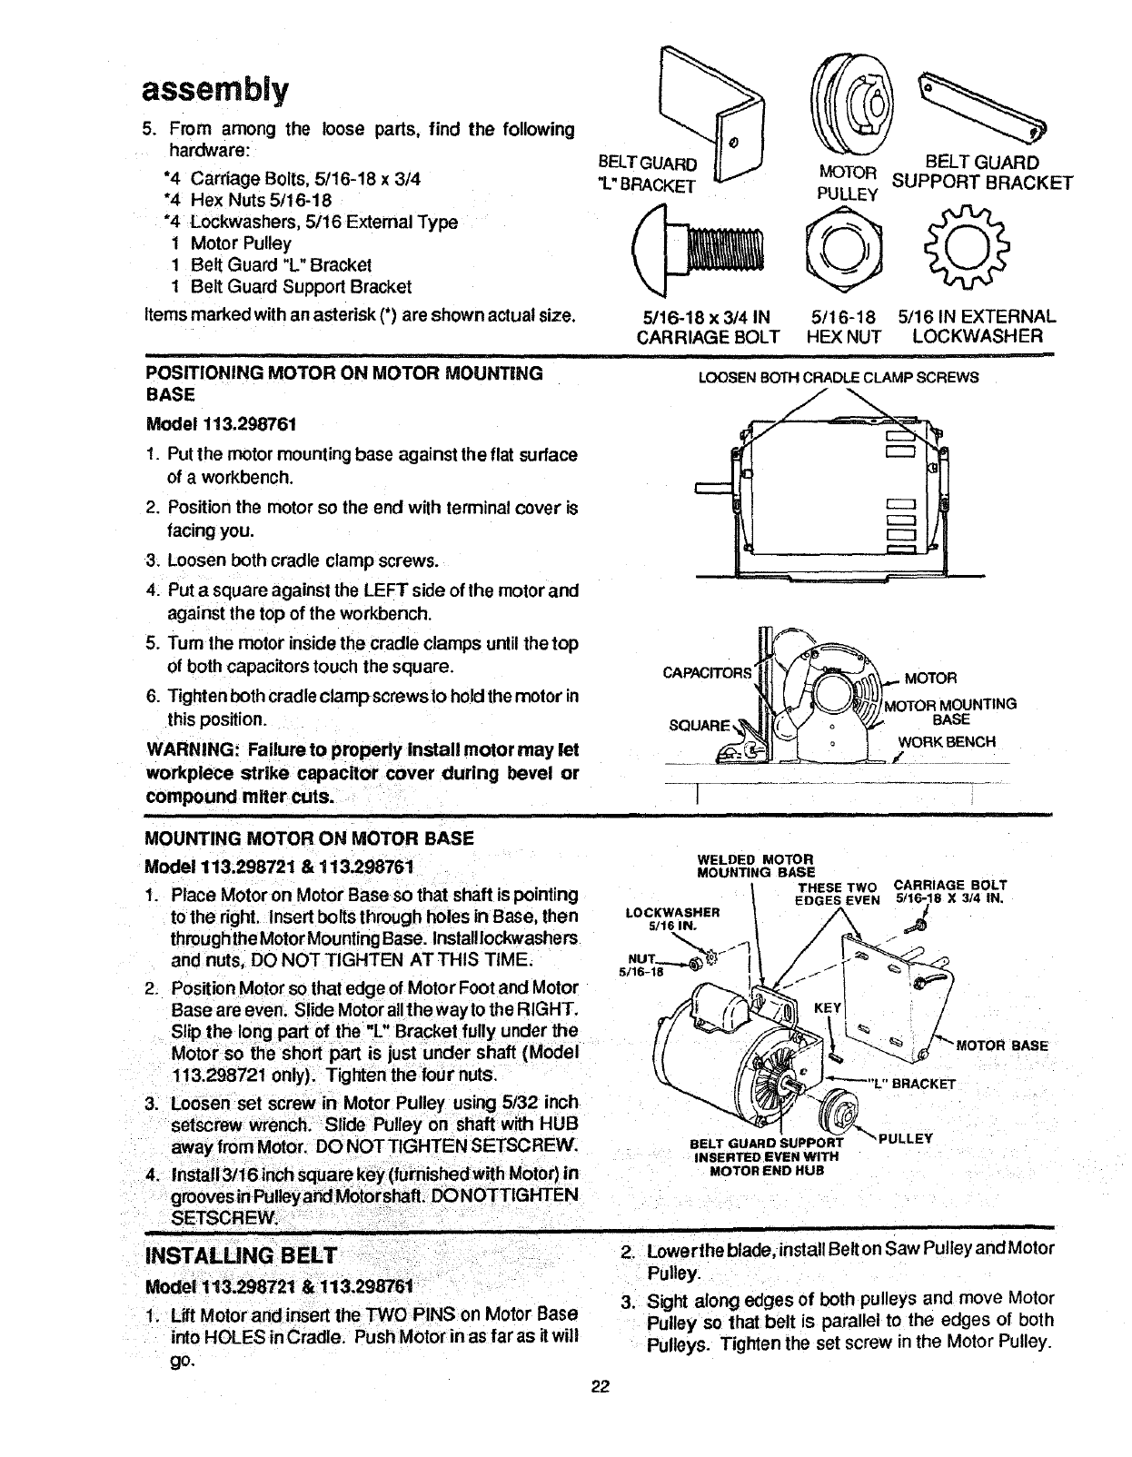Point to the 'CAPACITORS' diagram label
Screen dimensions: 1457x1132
708,673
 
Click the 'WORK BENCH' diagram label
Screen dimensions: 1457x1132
947,741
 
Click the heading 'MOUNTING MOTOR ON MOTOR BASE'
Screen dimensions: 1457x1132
309,838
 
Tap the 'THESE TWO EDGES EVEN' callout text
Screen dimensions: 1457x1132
837,893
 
